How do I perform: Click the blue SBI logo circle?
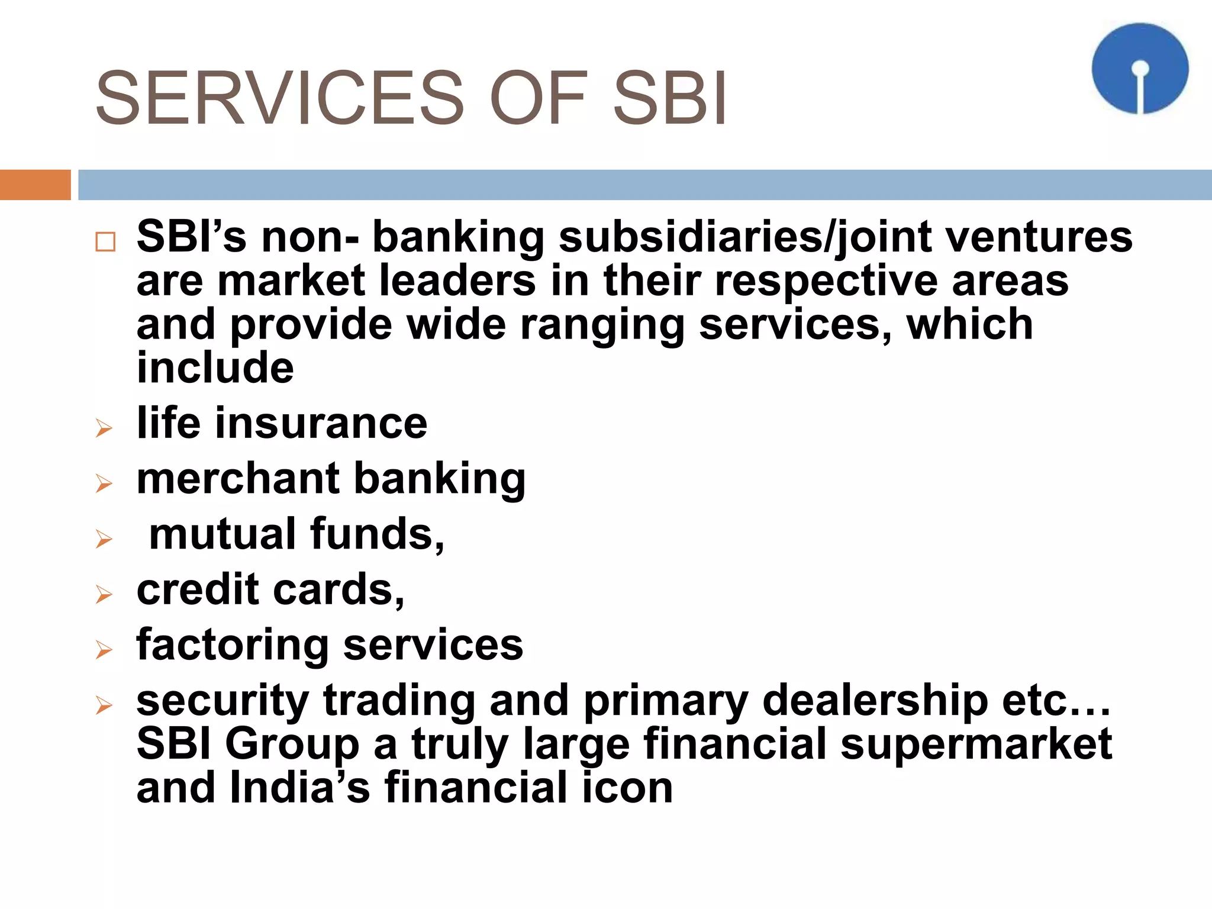(1140, 68)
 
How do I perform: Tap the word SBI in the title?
(669, 98)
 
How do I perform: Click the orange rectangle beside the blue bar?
(35, 185)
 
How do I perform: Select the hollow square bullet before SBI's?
(105, 242)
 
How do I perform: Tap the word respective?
(826, 281)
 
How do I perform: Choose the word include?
(215, 368)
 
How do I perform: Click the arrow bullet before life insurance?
(104, 428)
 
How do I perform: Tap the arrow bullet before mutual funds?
(104, 539)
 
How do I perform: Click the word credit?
(198, 589)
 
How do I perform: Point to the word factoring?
(232, 645)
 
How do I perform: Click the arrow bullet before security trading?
(104, 705)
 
